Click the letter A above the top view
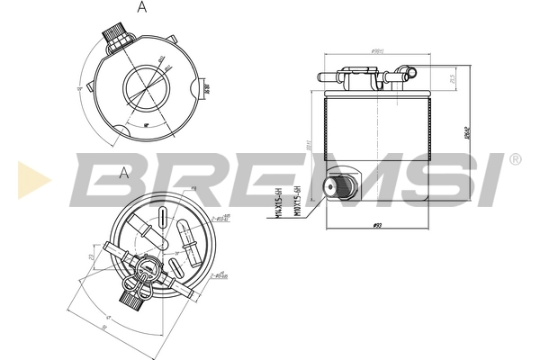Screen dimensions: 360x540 (x=141, y=7)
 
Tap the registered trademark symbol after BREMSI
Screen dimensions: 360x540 (x=515, y=159)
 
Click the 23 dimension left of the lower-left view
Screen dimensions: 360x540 (x=93, y=258)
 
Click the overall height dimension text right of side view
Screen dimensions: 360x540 (x=467, y=135)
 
